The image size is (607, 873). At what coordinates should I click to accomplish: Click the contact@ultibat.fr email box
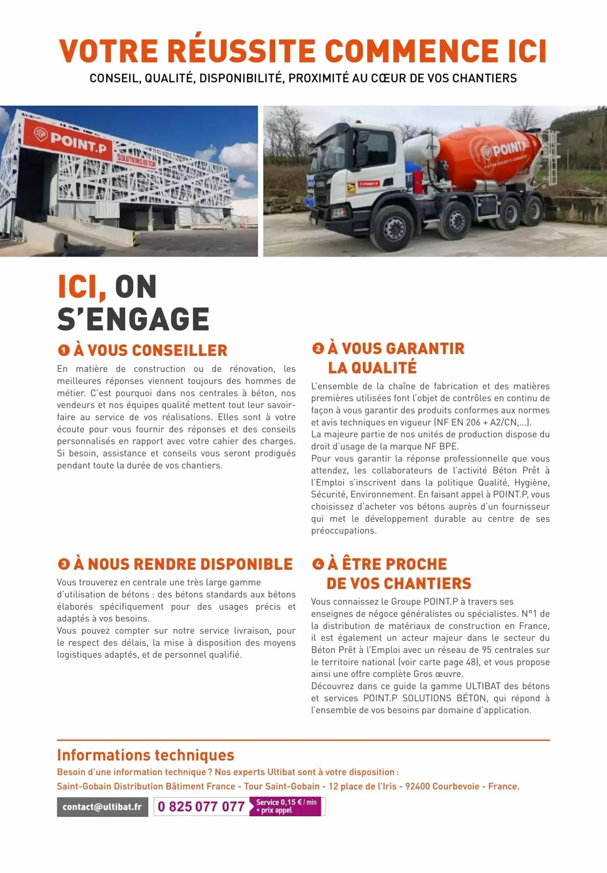102,807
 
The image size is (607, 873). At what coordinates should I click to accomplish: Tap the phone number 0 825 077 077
201,807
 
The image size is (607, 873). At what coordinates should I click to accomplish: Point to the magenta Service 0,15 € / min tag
286,806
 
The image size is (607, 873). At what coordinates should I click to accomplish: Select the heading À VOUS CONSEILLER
151,350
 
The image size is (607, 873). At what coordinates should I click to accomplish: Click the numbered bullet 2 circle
318,348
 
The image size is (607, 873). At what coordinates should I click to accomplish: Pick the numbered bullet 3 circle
64,564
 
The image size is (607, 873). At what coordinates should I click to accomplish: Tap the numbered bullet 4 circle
318,564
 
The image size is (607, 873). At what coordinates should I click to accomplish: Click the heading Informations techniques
146,755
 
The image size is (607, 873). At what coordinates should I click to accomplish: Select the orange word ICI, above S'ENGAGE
82,287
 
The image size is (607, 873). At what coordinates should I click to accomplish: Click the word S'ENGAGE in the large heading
134,319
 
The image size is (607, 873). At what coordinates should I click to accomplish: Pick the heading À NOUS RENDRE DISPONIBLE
183,564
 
